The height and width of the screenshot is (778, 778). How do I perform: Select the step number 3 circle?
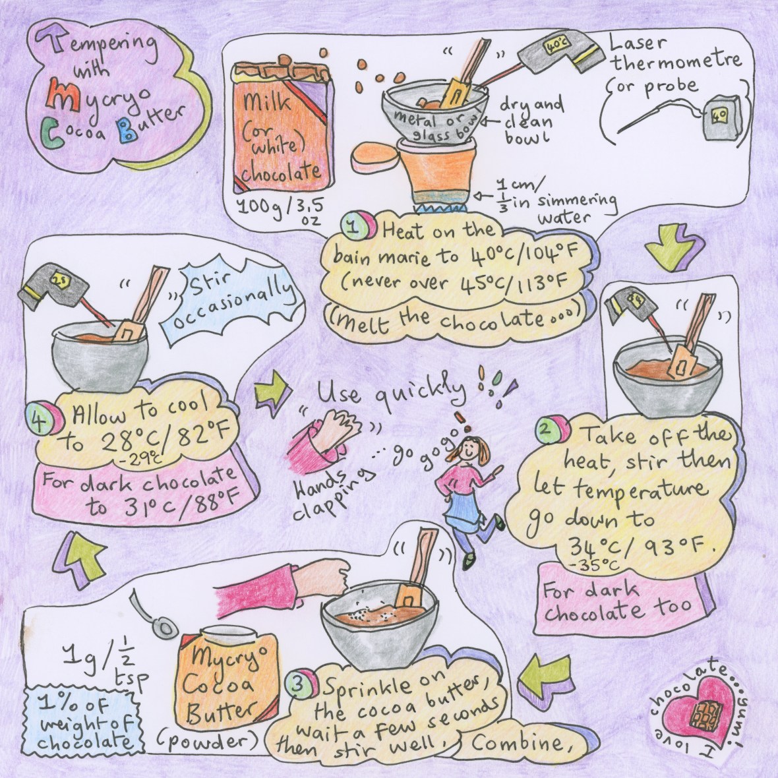point(299,683)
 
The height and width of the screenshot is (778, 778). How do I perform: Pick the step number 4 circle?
point(44,416)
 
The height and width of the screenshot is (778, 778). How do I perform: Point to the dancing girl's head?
point(468,450)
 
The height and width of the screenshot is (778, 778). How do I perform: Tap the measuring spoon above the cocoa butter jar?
point(153,615)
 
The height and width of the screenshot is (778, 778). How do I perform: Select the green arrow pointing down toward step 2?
point(674,246)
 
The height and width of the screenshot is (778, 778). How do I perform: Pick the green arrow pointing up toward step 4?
point(79,558)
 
